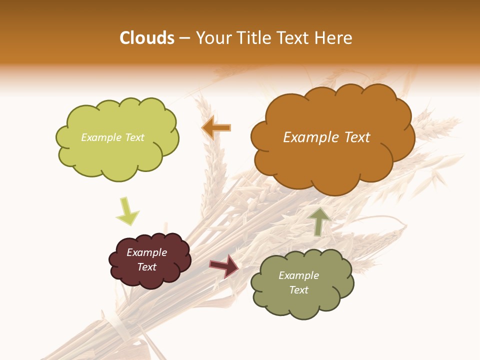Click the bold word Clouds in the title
147,38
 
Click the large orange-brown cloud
332,160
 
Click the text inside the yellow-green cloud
112,137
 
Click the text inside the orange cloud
326,137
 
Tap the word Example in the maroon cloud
146,252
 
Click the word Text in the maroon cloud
146,267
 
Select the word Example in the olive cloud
298,275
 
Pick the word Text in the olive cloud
298,290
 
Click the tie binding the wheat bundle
118,325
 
